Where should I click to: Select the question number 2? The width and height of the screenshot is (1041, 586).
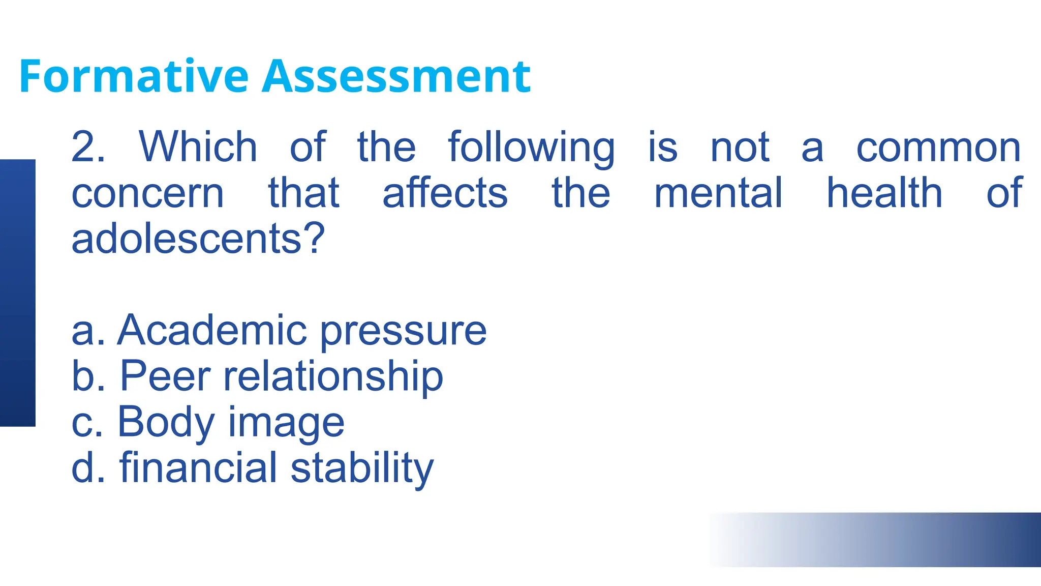point(87,147)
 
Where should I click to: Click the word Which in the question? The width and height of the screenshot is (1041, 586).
point(198,147)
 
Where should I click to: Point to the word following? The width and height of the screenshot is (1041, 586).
point(531,148)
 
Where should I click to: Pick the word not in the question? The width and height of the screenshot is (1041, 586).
point(740,148)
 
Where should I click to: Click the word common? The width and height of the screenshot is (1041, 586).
point(938,148)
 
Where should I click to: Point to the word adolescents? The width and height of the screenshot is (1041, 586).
point(198,239)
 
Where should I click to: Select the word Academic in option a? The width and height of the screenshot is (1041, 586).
point(212,331)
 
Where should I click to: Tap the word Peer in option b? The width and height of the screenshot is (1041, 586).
point(165,376)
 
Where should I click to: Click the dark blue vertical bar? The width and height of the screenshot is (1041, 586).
point(17,292)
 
